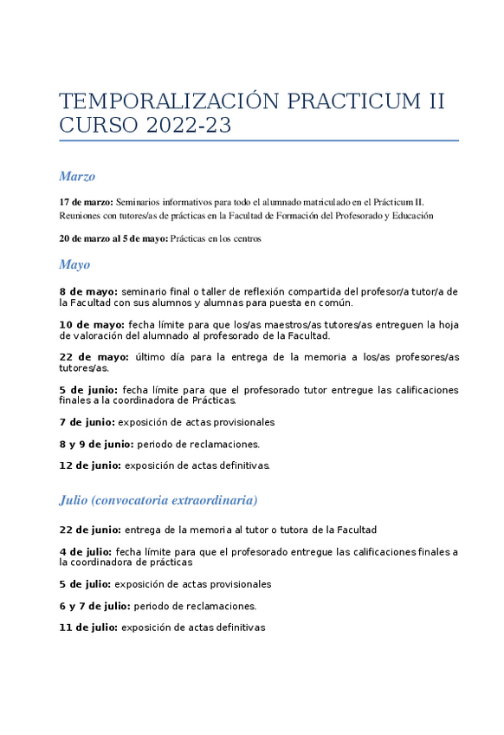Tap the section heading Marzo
point(77,177)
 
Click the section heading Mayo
point(74,264)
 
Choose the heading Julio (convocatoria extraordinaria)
point(158,500)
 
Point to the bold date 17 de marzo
point(86,201)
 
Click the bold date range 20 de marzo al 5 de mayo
point(113,238)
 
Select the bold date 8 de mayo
point(88,292)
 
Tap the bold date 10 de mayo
point(92,325)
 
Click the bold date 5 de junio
point(89,390)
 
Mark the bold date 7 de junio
point(87,422)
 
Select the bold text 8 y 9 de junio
point(96,444)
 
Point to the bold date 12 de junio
point(90,465)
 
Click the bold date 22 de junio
point(90,530)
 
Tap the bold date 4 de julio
point(86,551)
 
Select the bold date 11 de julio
point(88,628)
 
